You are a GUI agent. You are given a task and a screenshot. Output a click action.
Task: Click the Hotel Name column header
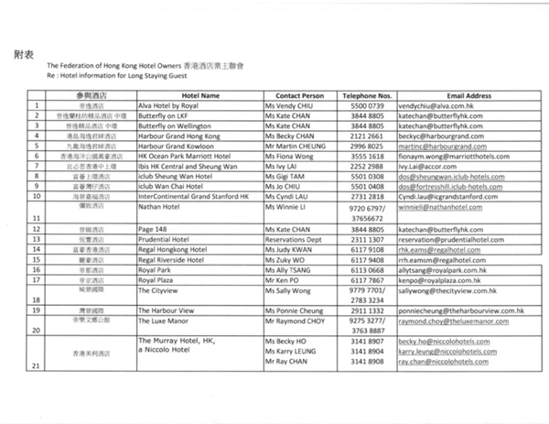[202, 95]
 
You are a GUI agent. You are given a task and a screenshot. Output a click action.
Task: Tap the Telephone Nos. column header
[367, 95]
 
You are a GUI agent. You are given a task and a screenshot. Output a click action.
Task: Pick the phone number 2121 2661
[367, 135]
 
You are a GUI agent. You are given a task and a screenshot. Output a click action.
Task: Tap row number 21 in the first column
[36, 365]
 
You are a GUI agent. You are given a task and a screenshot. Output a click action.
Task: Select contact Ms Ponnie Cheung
[296, 312]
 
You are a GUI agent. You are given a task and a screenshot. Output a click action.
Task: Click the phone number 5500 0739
[367, 105]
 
